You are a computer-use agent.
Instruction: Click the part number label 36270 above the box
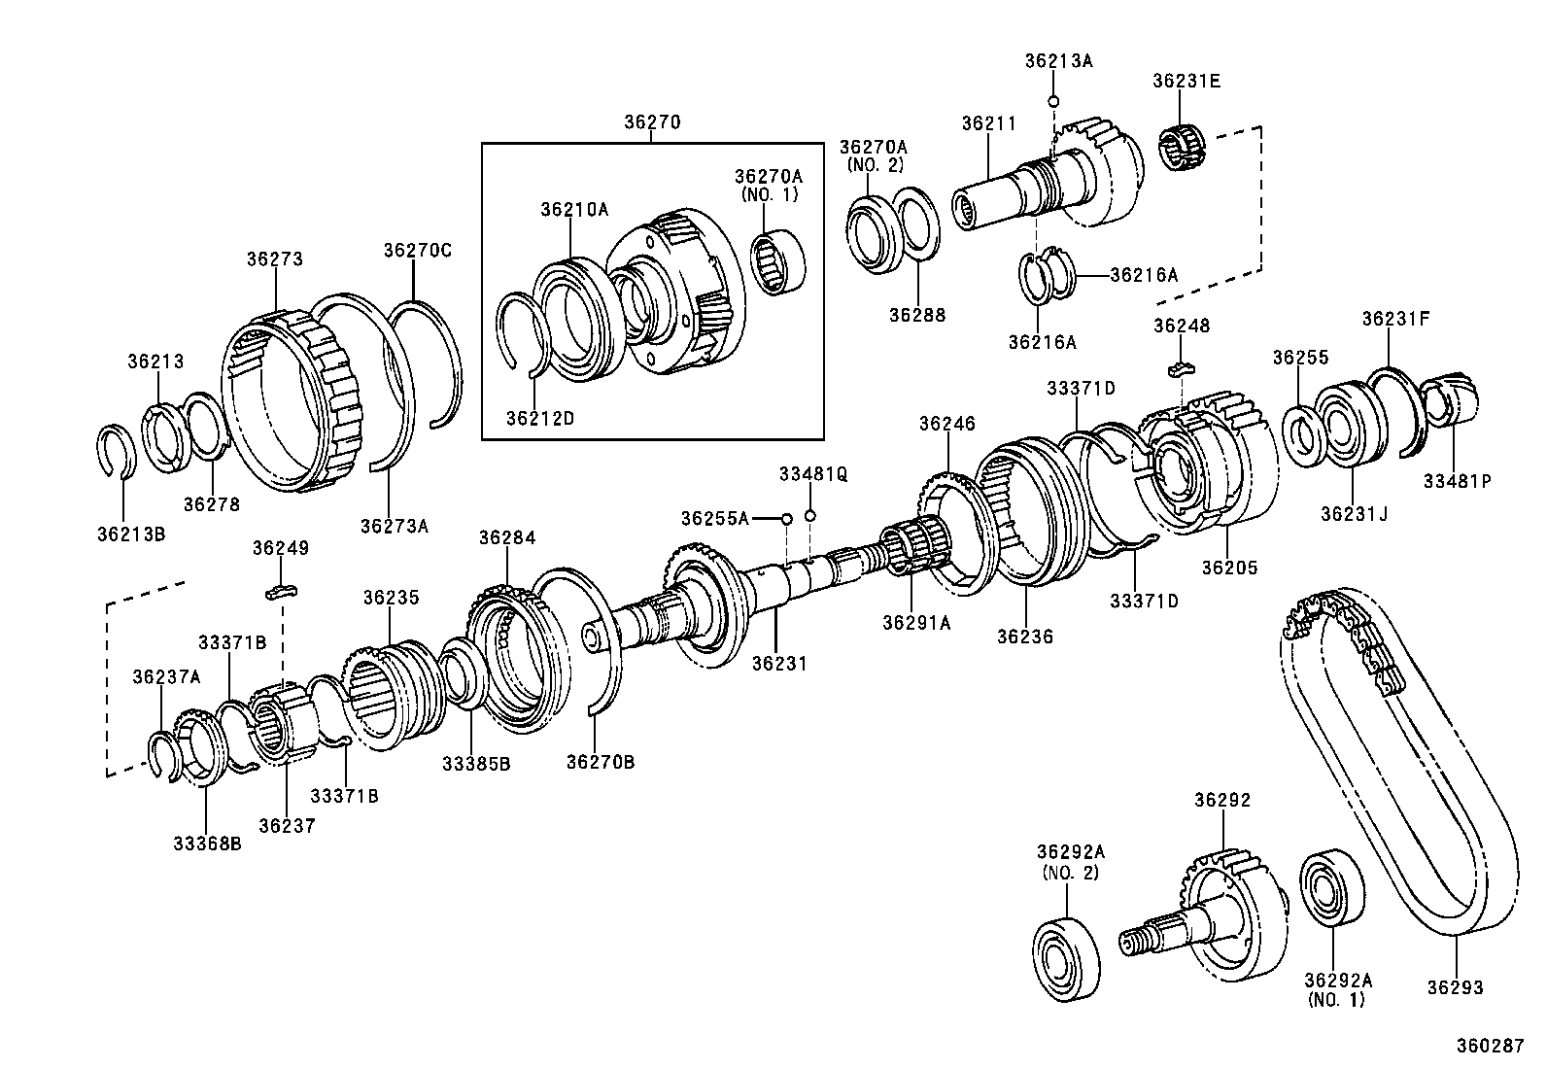pyautogui.click(x=652, y=122)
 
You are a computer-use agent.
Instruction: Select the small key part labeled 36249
pyautogui.click(x=282, y=591)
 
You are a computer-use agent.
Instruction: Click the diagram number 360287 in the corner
pyautogui.click(x=1489, y=1046)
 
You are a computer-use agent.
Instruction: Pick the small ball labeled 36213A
pyautogui.click(x=1052, y=101)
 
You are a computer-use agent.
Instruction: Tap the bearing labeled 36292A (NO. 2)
pyautogui.click(x=1066, y=957)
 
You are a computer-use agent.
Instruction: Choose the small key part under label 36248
pyautogui.click(x=1179, y=367)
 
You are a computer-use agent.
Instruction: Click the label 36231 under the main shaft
pyautogui.click(x=779, y=663)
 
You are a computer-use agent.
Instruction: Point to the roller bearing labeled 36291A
pyautogui.click(x=916, y=550)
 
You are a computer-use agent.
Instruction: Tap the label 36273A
pyautogui.click(x=394, y=526)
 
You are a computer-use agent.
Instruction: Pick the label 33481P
pyautogui.click(x=1457, y=480)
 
